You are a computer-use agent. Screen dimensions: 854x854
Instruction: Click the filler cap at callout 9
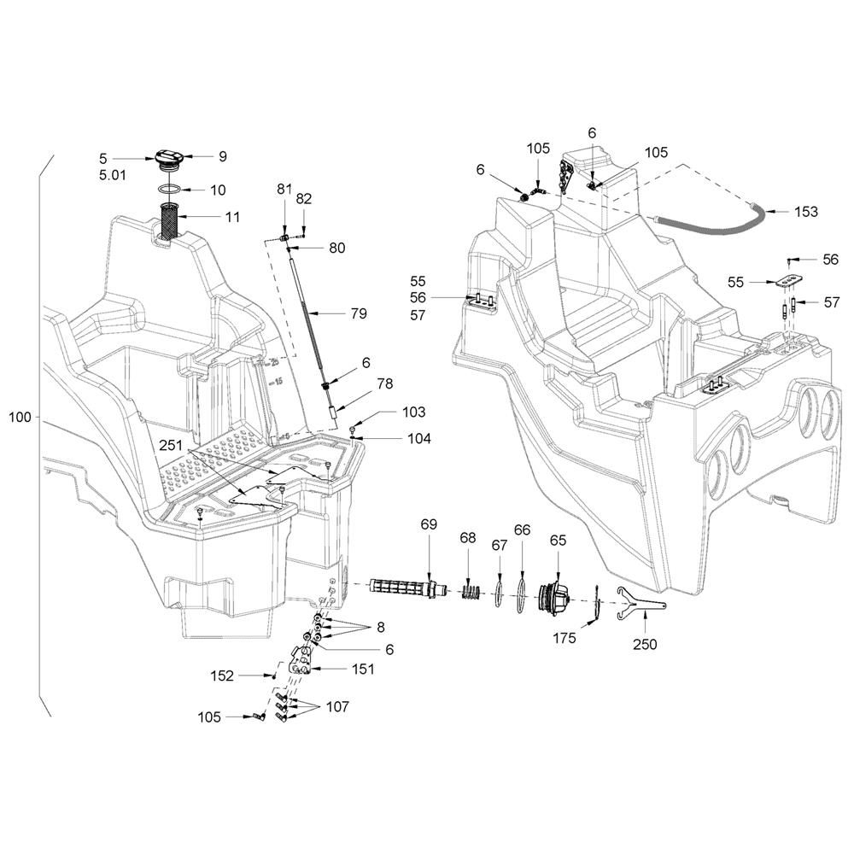coord(169,161)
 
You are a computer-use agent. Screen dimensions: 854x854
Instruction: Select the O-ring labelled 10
coord(171,189)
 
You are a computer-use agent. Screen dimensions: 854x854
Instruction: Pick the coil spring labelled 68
coord(471,591)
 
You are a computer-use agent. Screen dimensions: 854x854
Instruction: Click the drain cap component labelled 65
coord(553,600)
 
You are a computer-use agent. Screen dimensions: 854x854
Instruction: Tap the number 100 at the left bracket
coord(20,418)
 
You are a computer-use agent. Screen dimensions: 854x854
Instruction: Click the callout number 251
coord(171,446)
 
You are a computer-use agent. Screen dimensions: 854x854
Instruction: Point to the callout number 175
coord(564,638)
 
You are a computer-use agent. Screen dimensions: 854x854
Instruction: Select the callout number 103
coord(414,412)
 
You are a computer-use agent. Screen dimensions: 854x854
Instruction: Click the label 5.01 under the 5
coord(113,175)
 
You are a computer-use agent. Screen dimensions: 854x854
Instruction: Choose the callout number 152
coord(222,676)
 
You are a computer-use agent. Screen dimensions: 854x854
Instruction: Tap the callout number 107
coord(337,706)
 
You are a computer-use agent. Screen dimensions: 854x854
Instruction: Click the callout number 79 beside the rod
coord(359,313)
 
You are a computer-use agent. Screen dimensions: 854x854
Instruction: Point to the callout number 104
coord(419,438)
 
